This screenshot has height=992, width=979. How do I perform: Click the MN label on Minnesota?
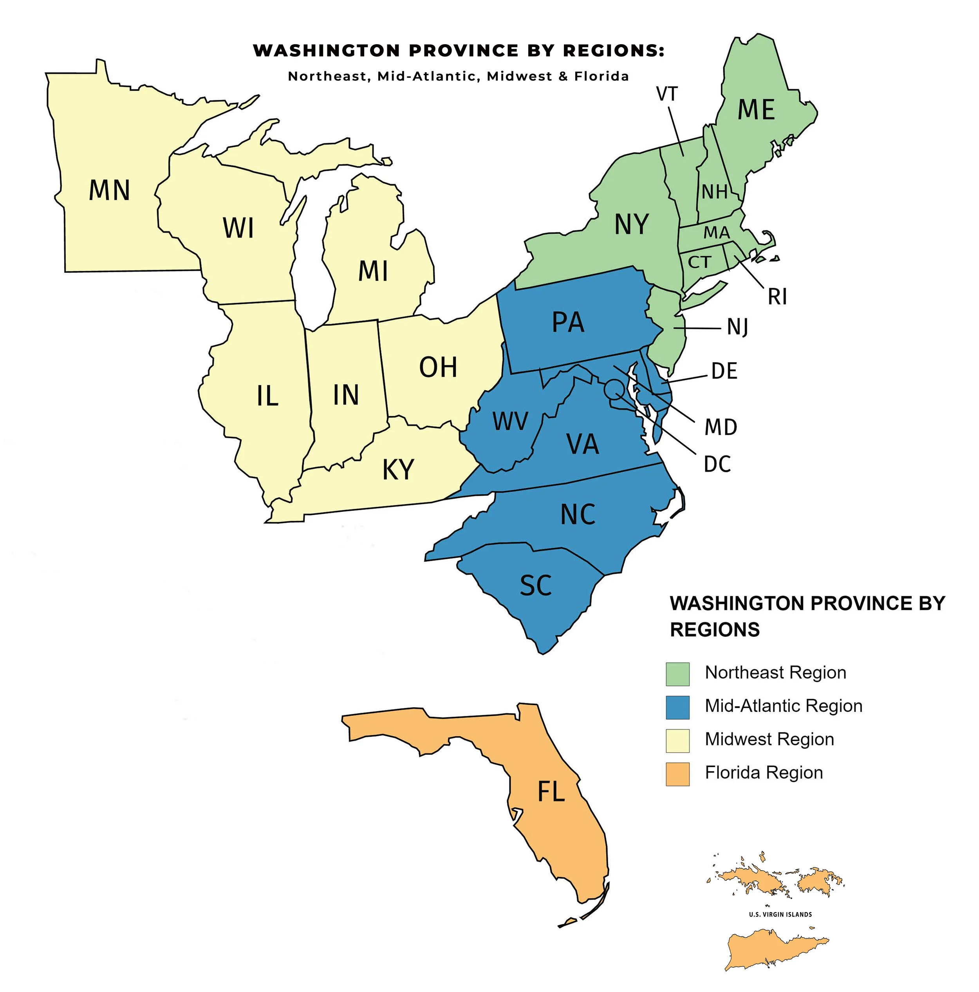[109, 190]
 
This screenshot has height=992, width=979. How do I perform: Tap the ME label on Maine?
[756, 110]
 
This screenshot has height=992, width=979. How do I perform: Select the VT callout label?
[667, 94]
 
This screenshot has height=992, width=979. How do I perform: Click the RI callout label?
[777, 297]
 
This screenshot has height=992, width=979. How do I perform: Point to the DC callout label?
[717, 464]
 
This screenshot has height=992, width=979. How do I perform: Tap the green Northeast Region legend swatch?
[677, 674]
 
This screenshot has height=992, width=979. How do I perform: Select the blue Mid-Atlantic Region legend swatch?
[677, 707]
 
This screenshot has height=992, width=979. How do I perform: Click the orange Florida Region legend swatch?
[677, 774]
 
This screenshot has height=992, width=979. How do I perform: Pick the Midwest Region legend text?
[769, 739]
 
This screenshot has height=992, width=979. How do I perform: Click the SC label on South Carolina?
[535, 585]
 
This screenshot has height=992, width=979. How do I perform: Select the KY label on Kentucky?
[398, 469]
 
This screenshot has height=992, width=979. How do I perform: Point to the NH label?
[715, 192]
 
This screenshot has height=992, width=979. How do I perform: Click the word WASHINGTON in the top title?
[327, 51]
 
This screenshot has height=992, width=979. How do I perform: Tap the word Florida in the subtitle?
[601, 76]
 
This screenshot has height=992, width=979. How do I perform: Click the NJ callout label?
[737, 327]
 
